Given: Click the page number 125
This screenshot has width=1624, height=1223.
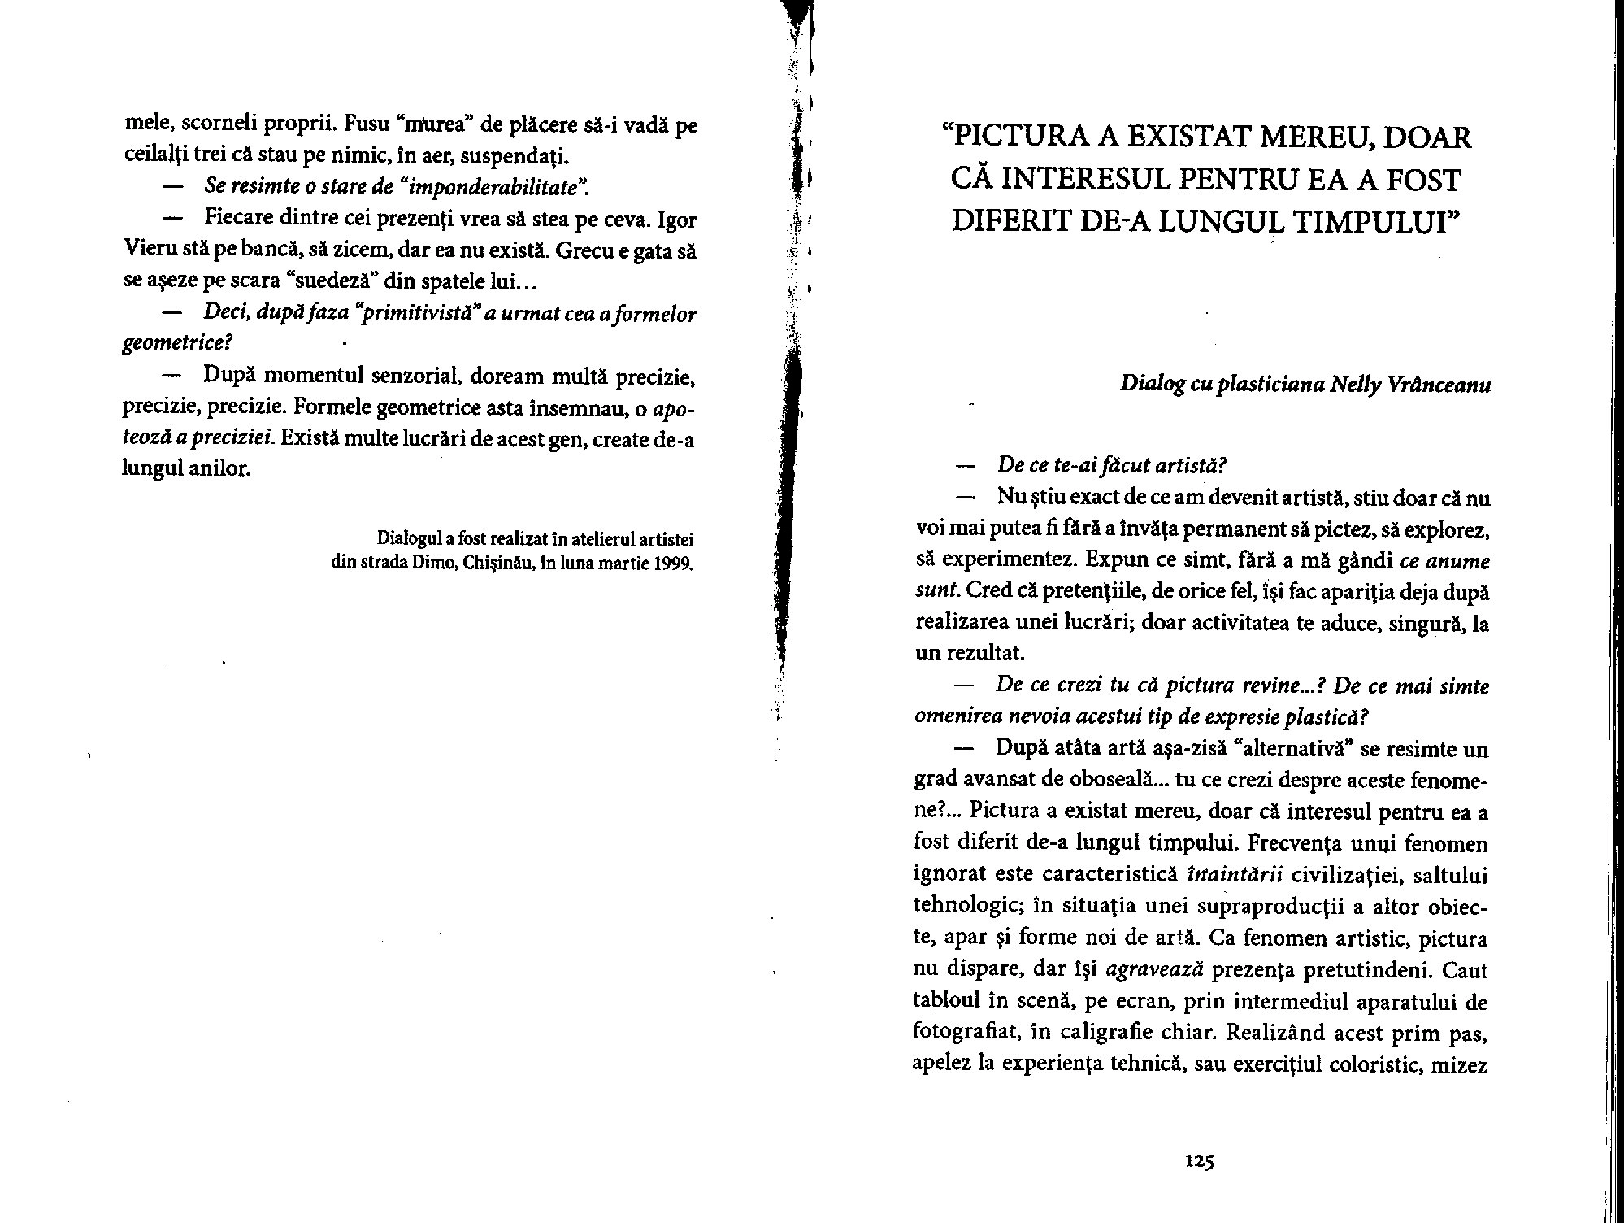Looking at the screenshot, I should pos(1199,1161).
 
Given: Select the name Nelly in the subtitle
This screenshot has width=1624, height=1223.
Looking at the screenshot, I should pos(1356,384).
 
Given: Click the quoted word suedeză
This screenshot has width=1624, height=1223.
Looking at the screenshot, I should pos(334,282).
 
